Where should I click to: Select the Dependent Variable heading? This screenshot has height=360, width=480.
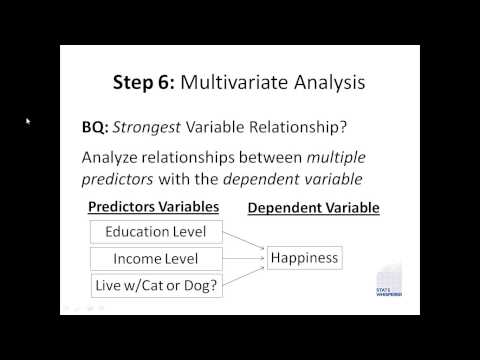tap(312, 207)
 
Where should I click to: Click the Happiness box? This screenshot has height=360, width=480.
tap(304, 259)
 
